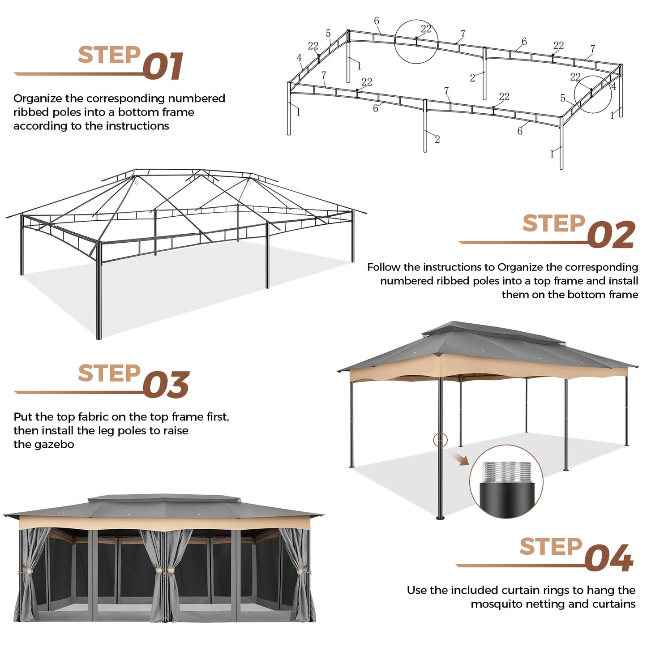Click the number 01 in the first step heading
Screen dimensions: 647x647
pos(163,66)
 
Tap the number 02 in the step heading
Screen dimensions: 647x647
pos(611,235)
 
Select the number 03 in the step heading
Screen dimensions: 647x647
pos(166,385)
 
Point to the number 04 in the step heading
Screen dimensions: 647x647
pos(609,558)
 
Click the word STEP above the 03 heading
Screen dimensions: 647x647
pos(109,373)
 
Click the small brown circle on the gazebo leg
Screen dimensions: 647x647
pos(440,440)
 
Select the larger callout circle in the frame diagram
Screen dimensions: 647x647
pos(416,42)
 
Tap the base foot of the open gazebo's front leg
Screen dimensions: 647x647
pos(440,518)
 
